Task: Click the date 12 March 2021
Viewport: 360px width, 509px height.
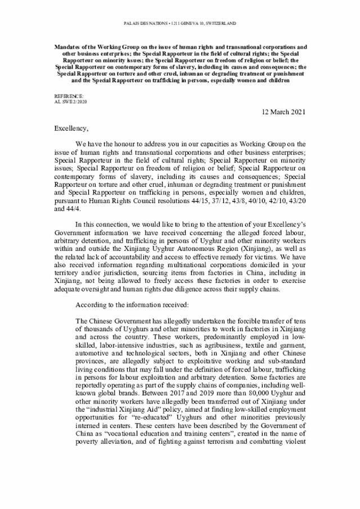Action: coord(284,112)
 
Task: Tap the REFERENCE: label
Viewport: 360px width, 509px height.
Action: coord(66,96)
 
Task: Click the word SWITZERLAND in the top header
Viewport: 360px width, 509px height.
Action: coord(219,24)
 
